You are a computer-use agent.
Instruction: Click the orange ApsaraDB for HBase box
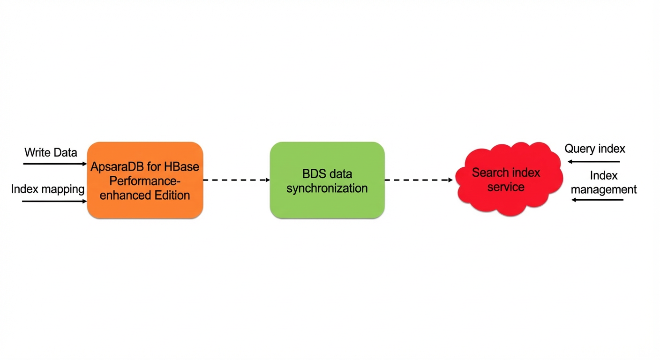(145, 180)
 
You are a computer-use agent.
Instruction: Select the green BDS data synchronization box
(327, 180)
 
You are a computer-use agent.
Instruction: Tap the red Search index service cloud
(509, 179)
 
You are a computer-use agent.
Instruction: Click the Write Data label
(51, 153)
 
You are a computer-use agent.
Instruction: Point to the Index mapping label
(48, 189)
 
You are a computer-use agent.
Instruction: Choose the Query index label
(594, 149)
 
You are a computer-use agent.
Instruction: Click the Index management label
(604, 182)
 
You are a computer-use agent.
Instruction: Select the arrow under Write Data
(55, 164)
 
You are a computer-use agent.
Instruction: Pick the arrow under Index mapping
(54, 202)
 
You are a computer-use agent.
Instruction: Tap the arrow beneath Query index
(594, 161)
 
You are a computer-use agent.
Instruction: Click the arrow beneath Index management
(597, 200)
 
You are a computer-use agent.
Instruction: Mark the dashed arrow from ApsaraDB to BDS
(237, 180)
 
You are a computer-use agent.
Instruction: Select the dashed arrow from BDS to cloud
(419, 180)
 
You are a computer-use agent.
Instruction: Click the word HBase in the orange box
(181, 167)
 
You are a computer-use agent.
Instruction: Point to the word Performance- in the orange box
(145, 181)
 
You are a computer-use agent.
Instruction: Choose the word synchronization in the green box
(327, 188)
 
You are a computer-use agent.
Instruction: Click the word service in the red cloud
(506, 187)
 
